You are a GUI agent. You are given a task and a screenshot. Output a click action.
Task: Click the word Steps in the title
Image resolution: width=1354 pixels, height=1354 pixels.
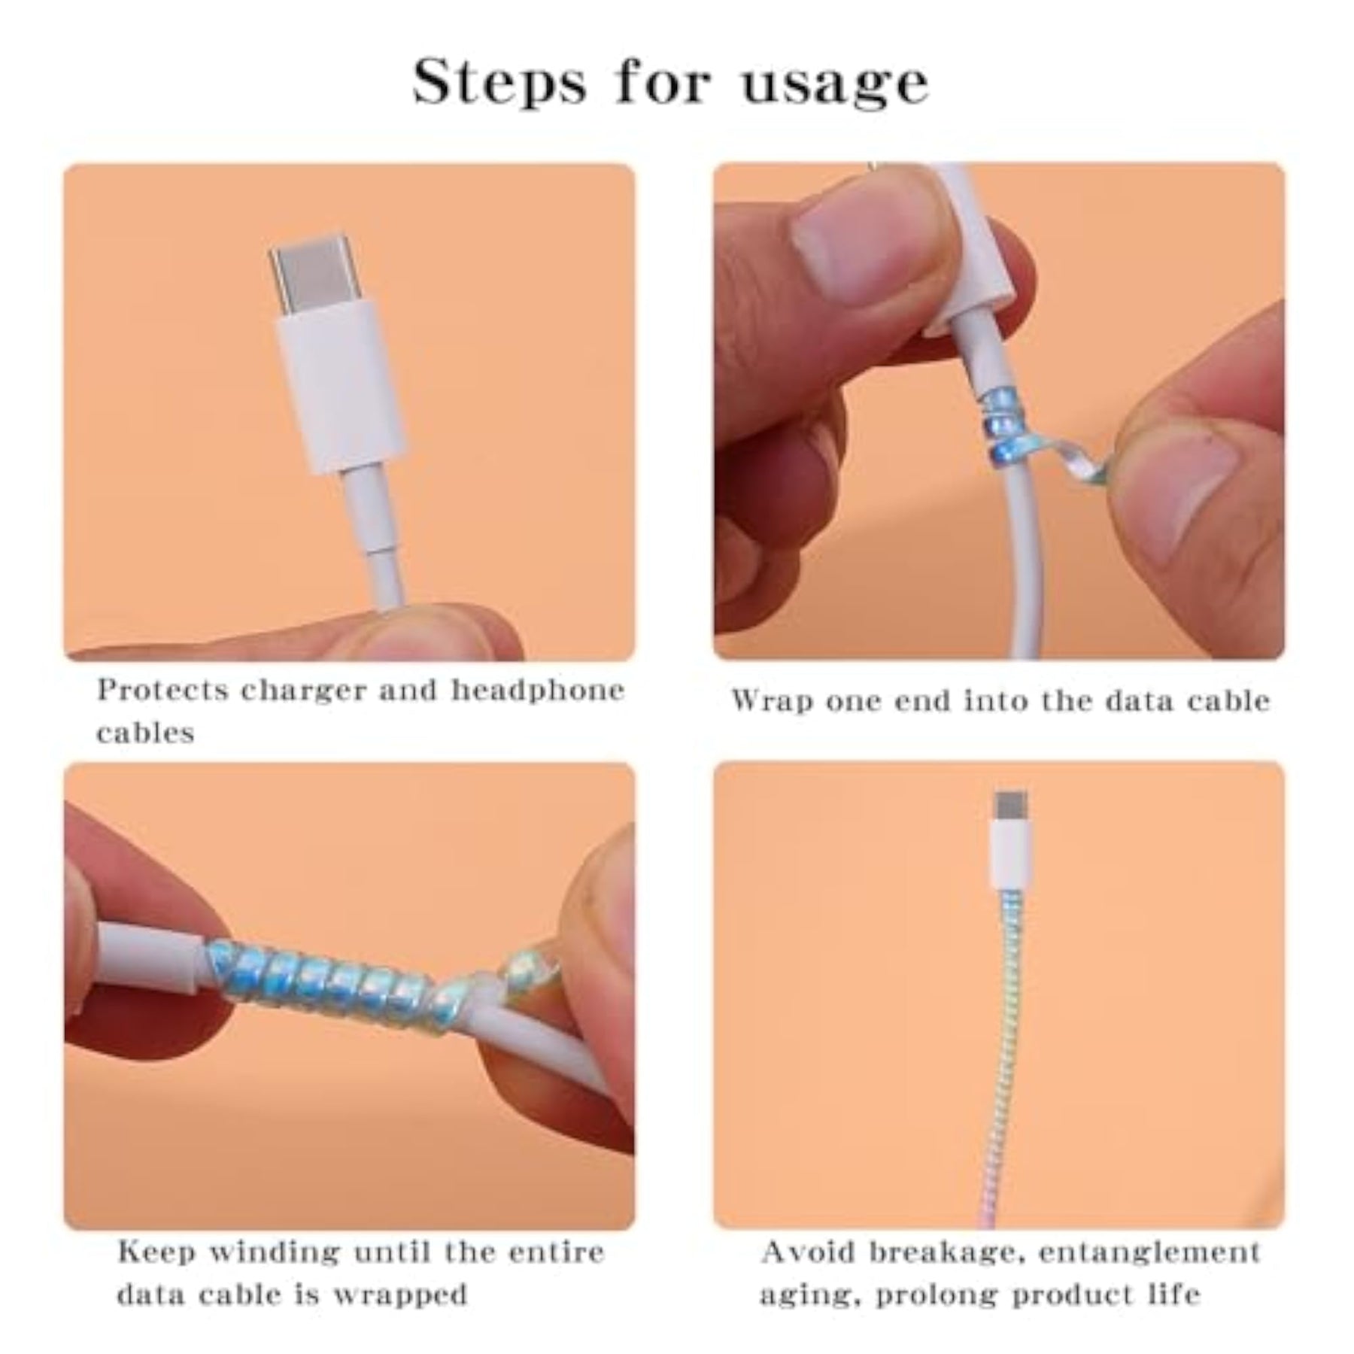coord(499,83)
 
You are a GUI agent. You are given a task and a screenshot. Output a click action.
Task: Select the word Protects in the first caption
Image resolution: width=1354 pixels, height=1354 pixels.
coord(162,690)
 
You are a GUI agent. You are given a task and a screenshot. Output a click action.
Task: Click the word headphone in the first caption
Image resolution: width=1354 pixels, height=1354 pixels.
coord(538,689)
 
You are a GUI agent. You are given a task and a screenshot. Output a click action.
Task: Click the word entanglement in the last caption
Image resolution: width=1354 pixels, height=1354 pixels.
coord(1151,1252)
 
